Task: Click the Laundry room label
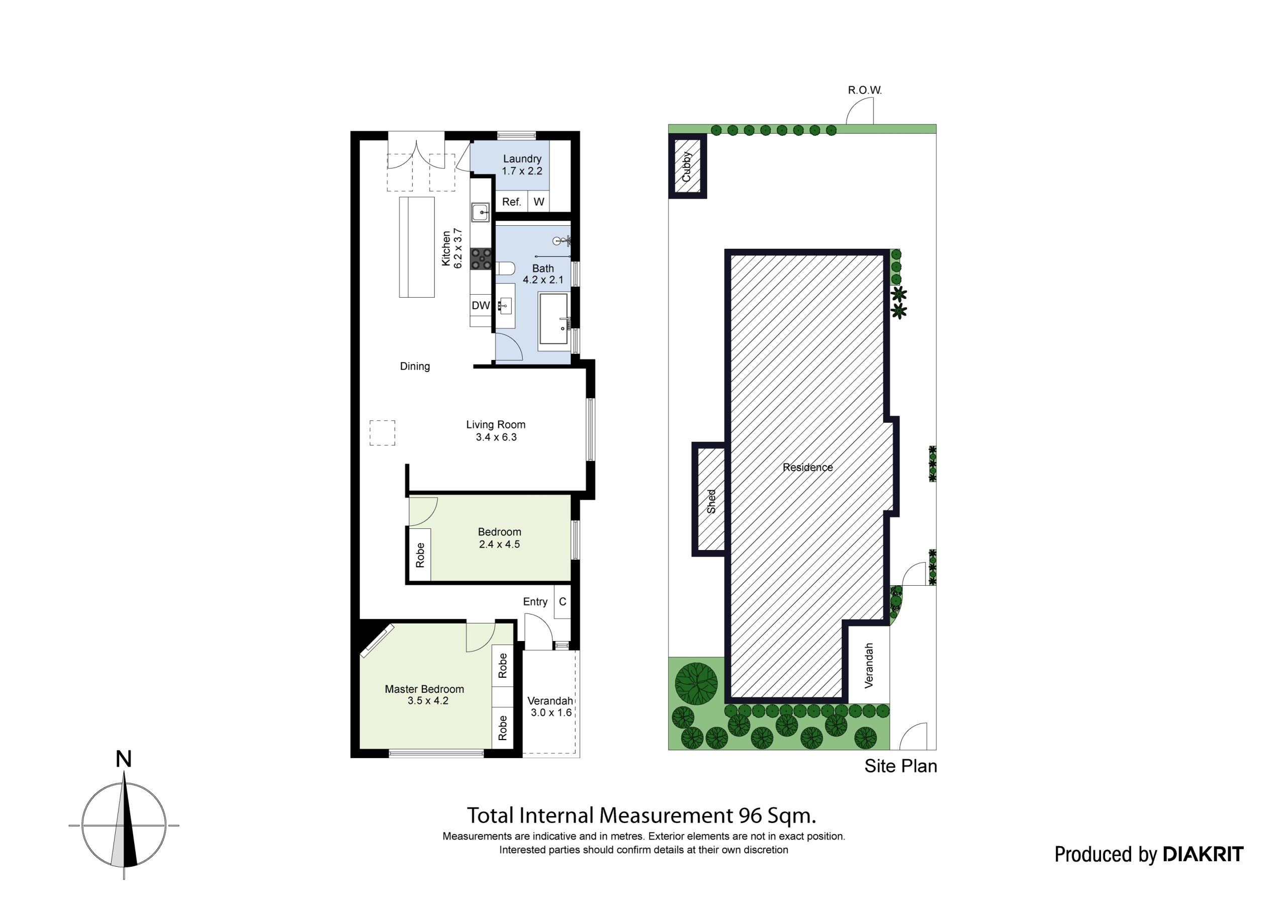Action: tap(522, 165)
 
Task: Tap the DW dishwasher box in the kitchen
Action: tap(481, 306)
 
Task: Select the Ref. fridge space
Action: tap(511, 202)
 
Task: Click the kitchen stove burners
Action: tap(481, 259)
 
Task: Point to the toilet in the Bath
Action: tap(506, 268)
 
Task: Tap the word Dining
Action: tap(415, 366)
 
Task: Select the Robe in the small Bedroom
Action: tap(420, 555)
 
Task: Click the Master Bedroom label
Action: tap(424, 695)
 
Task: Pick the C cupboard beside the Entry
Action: tap(562, 602)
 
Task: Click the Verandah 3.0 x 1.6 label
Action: tap(550, 706)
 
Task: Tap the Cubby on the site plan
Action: tap(687, 166)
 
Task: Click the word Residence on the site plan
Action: tap(808, 467)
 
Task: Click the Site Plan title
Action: tap(900, 766)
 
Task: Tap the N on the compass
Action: tap(123, 759)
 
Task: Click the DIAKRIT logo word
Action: tap(1204, 854)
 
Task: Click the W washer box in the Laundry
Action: tap(538, 202)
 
